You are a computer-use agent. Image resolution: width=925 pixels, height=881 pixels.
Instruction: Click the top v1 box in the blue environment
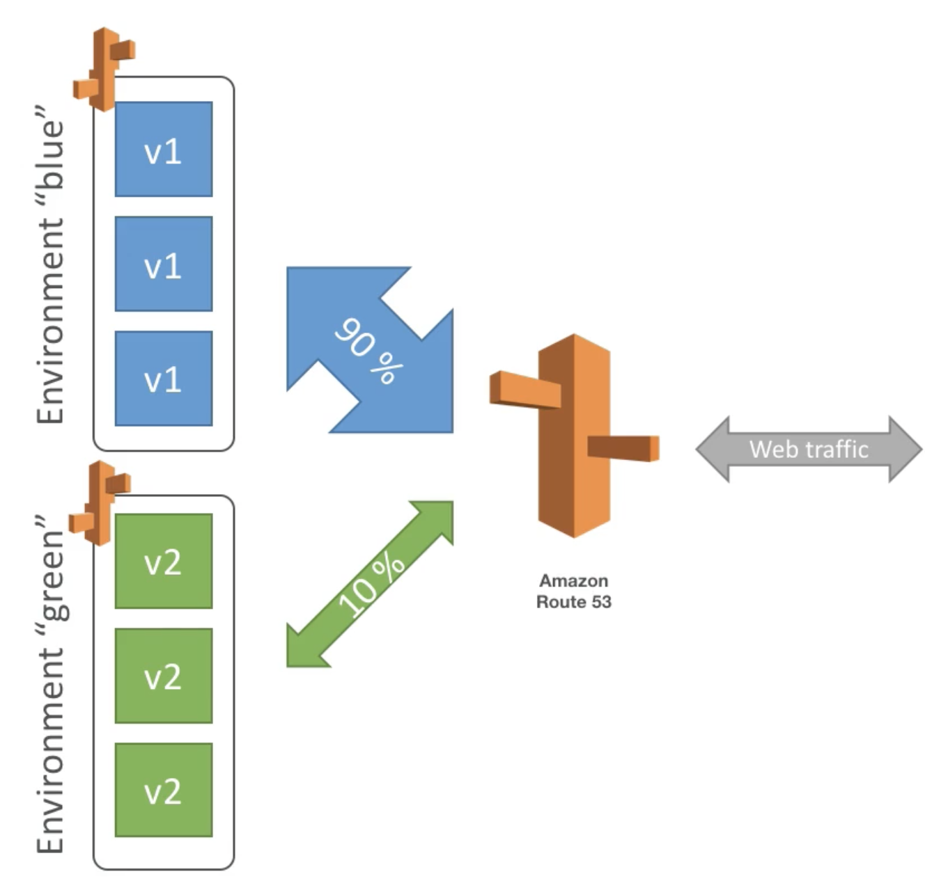coord(164,149)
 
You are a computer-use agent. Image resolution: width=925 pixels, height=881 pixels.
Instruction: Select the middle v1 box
coord(164,264)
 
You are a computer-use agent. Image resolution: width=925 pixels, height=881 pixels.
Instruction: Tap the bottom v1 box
coord(164,379)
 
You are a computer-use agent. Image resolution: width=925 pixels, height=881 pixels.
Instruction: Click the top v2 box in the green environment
coord(164,561)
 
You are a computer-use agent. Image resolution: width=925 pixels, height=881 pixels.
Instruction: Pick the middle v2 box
coord(164,676)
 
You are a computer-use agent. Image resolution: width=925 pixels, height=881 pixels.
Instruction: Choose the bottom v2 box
coord(164,790)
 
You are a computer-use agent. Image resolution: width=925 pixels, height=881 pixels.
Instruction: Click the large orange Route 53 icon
coord(574,436)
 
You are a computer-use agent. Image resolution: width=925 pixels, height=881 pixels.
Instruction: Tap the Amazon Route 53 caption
coord(574,592)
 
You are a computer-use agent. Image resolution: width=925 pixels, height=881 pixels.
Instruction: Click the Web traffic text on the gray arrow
coord(809,449)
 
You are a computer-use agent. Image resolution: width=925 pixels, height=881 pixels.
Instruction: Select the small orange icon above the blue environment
coord(104,70)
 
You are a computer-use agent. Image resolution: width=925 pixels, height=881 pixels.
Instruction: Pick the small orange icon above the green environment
coord(100,503)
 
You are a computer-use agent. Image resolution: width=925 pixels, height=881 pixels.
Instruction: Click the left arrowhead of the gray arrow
coord(713,449)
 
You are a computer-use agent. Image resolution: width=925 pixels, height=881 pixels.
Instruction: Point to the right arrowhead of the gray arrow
coord(905,449)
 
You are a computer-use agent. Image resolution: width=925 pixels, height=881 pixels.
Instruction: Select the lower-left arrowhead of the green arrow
coord(303,651)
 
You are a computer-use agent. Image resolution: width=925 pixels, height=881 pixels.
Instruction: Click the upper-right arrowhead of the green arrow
coord(437,517)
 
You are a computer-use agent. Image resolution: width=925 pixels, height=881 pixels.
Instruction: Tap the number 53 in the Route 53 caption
coord(602,602)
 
